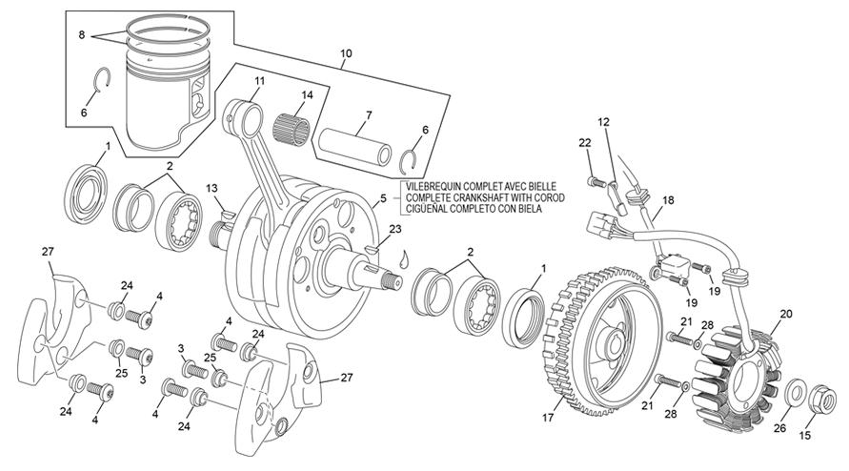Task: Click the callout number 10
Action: (x=345, y=53)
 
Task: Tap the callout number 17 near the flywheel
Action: (x=548, y=417)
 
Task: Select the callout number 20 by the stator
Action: (x=786, y=314)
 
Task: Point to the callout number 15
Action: (x=806, y=436)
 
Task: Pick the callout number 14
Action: (x=307, y=95)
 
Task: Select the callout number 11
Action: (x=259, y=83)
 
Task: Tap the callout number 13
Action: (x=211, y=188)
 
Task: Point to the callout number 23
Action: (x=395, y=229)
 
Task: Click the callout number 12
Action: (x=603, y=122)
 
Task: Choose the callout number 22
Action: (x=585, y=143)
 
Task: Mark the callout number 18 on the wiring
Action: (x=668, y=200)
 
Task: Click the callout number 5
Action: (x=382, y=198)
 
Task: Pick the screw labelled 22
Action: (x=595, y=179)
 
